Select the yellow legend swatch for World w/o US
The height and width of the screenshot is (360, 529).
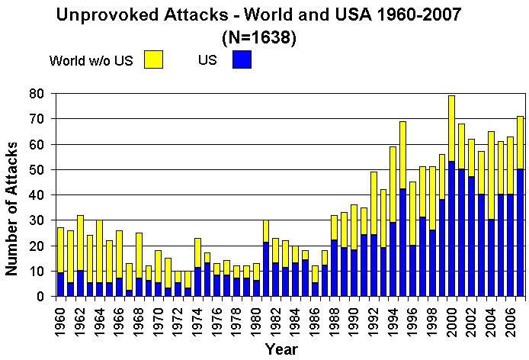(x=155, y=59)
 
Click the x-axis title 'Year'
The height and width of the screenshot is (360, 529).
(x=282, y=349)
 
